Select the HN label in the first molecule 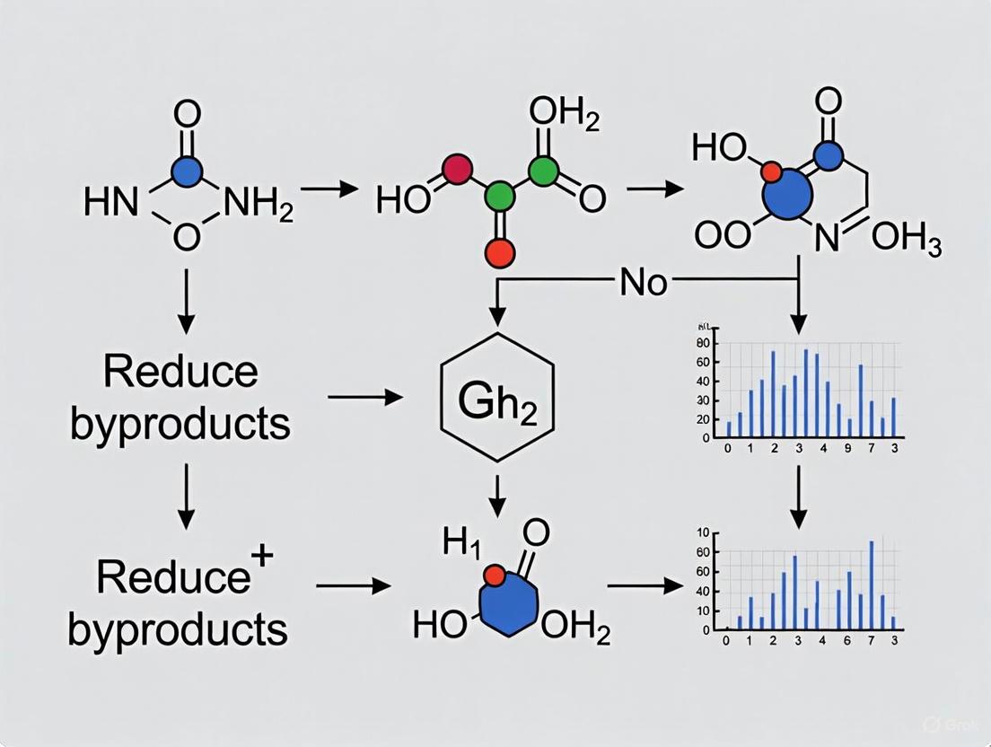click(x=110, y=204)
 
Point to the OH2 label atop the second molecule click(x=564, y=116)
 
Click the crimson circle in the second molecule click(x=457, y=168)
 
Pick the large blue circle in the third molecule click(x=786, y=195)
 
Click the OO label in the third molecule click(x=722, y=237)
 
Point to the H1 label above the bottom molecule click(x=460, y=544)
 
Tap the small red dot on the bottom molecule click(x=491, y=576)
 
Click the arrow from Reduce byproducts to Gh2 click(x=364, y=396)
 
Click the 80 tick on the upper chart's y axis click(x=703, y=344)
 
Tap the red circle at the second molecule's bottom click(x=499, y=252)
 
